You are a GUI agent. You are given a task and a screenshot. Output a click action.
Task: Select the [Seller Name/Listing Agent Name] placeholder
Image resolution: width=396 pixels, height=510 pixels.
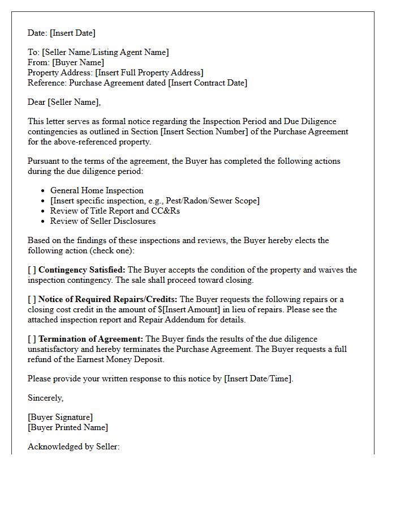coord(105,52)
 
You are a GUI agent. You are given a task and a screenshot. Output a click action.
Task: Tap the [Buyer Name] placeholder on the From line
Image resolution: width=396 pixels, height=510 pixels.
coord(78,62)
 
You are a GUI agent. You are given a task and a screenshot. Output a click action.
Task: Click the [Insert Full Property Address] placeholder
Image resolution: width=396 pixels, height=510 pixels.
coord(149,73)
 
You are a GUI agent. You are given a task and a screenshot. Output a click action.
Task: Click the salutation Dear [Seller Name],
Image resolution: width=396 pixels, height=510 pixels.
coord(64,102)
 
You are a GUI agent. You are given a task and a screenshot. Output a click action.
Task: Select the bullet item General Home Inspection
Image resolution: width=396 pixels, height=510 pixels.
coord(97,190)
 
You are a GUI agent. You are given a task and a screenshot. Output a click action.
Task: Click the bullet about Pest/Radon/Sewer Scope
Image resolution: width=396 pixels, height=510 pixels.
coord(155,201)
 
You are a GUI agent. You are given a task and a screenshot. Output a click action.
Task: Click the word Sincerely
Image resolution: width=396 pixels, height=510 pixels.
coord(45,398)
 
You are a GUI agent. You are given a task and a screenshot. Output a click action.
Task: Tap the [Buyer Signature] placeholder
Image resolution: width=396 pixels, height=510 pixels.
coord(61,417)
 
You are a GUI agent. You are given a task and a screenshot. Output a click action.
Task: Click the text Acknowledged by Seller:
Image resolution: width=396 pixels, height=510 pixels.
coord(74,447)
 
